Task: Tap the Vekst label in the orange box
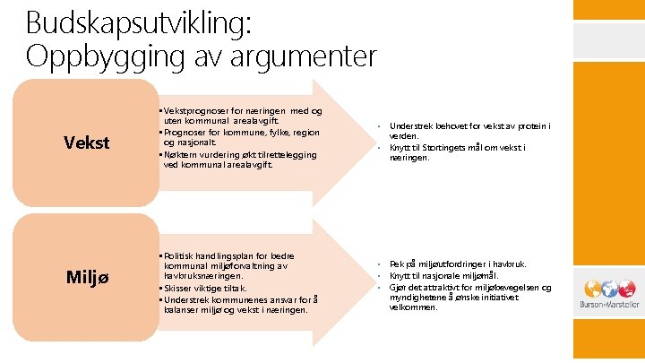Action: coord(87,143)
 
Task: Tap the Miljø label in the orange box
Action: coord(87,277)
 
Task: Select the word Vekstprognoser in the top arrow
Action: coord(193,110)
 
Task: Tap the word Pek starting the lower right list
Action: coord(397,264)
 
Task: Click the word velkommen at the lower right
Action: coord(413,307)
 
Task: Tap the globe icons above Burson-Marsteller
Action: coord(609,289)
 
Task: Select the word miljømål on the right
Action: coord(483,275)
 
